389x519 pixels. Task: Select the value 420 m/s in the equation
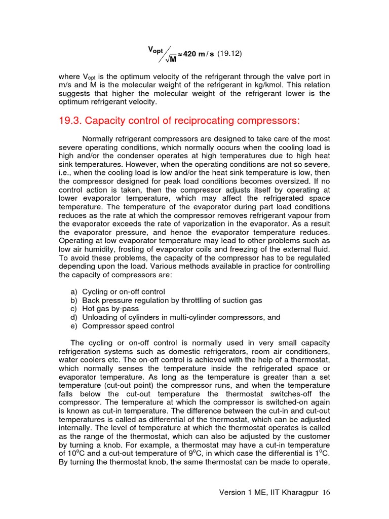click(198, 54)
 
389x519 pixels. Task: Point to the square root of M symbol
click(171, 59)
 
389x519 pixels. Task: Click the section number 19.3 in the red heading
click(72, 121)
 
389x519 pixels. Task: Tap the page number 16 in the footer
click(326, 493)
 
